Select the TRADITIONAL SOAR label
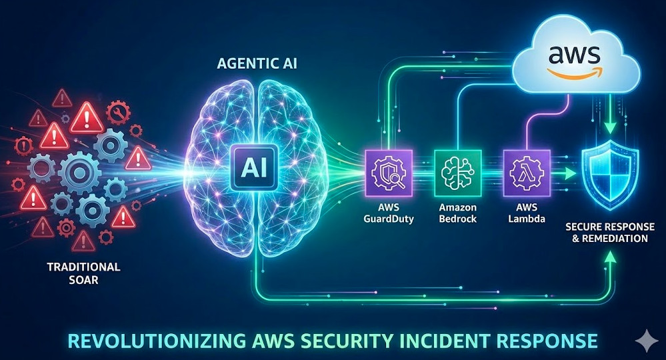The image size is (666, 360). (x=83, y=273)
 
